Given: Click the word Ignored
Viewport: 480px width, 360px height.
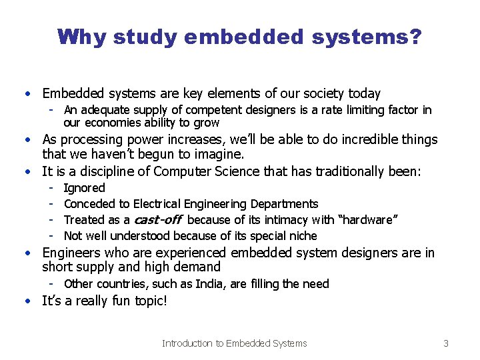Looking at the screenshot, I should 84,188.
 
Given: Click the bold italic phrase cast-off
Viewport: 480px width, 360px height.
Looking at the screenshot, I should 158,220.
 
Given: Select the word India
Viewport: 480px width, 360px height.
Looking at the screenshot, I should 211,284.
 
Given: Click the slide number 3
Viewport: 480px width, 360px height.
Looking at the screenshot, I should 446,343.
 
